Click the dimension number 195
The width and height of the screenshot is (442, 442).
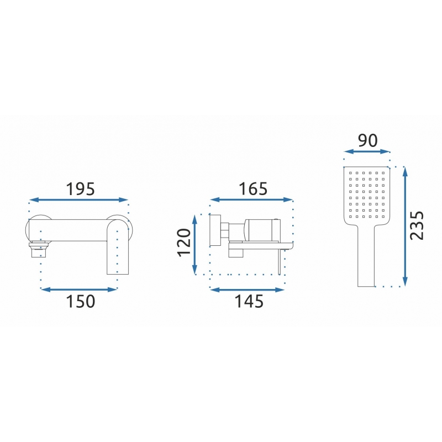[80, 189]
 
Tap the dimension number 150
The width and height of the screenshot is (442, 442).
[81, 301]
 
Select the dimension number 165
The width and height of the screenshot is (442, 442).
[253, 189]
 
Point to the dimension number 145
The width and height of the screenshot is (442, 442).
[249, 301]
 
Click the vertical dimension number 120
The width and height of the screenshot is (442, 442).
[184, 243]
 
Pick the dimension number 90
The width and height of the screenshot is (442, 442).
[367, 141]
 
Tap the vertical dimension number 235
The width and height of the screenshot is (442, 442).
[417, 225]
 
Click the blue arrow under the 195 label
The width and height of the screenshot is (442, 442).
[78, 200]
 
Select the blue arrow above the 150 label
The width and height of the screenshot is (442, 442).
[79, 289]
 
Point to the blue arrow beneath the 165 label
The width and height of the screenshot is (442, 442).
[251, 199]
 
